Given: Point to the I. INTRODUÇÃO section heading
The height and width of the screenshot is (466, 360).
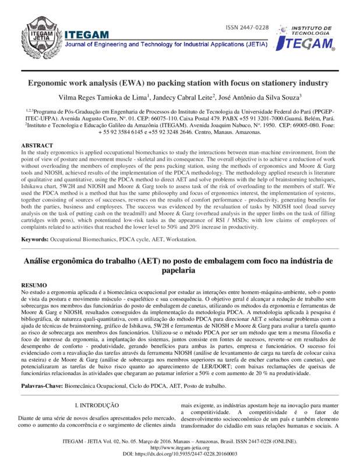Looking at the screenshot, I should (98, 404).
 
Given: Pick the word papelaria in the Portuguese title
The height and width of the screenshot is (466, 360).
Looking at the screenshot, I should (180, 271).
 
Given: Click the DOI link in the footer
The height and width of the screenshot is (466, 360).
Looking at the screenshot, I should (180, 453).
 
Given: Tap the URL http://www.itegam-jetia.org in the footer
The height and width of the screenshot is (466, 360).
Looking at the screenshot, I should (180, 446).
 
